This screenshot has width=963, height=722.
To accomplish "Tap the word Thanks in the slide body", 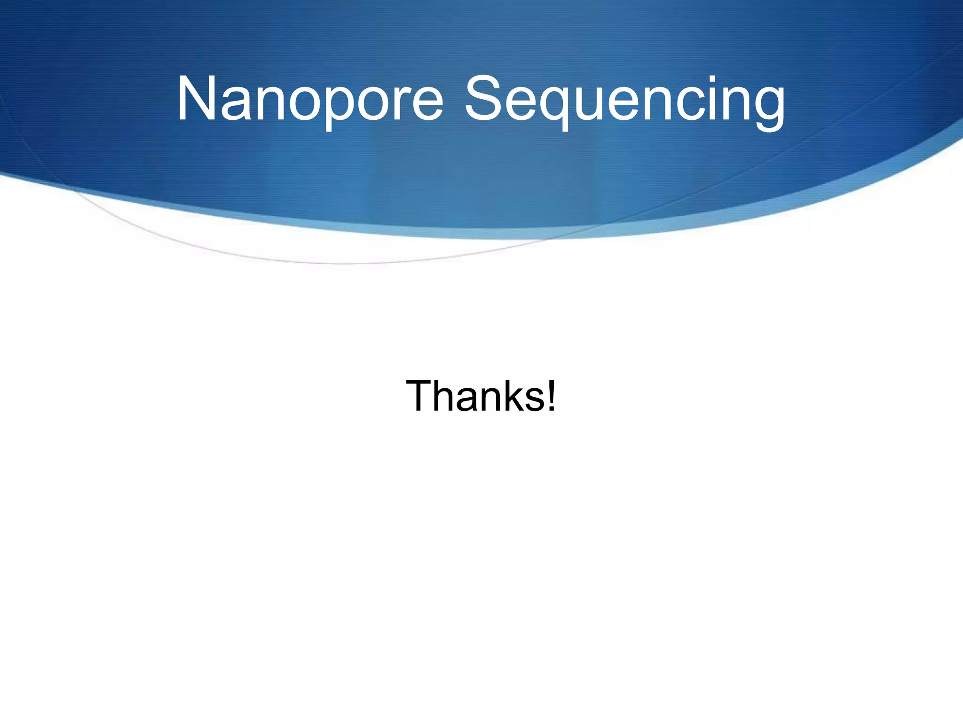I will [475, 396].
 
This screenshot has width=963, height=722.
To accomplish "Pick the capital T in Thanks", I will [419, 396].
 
